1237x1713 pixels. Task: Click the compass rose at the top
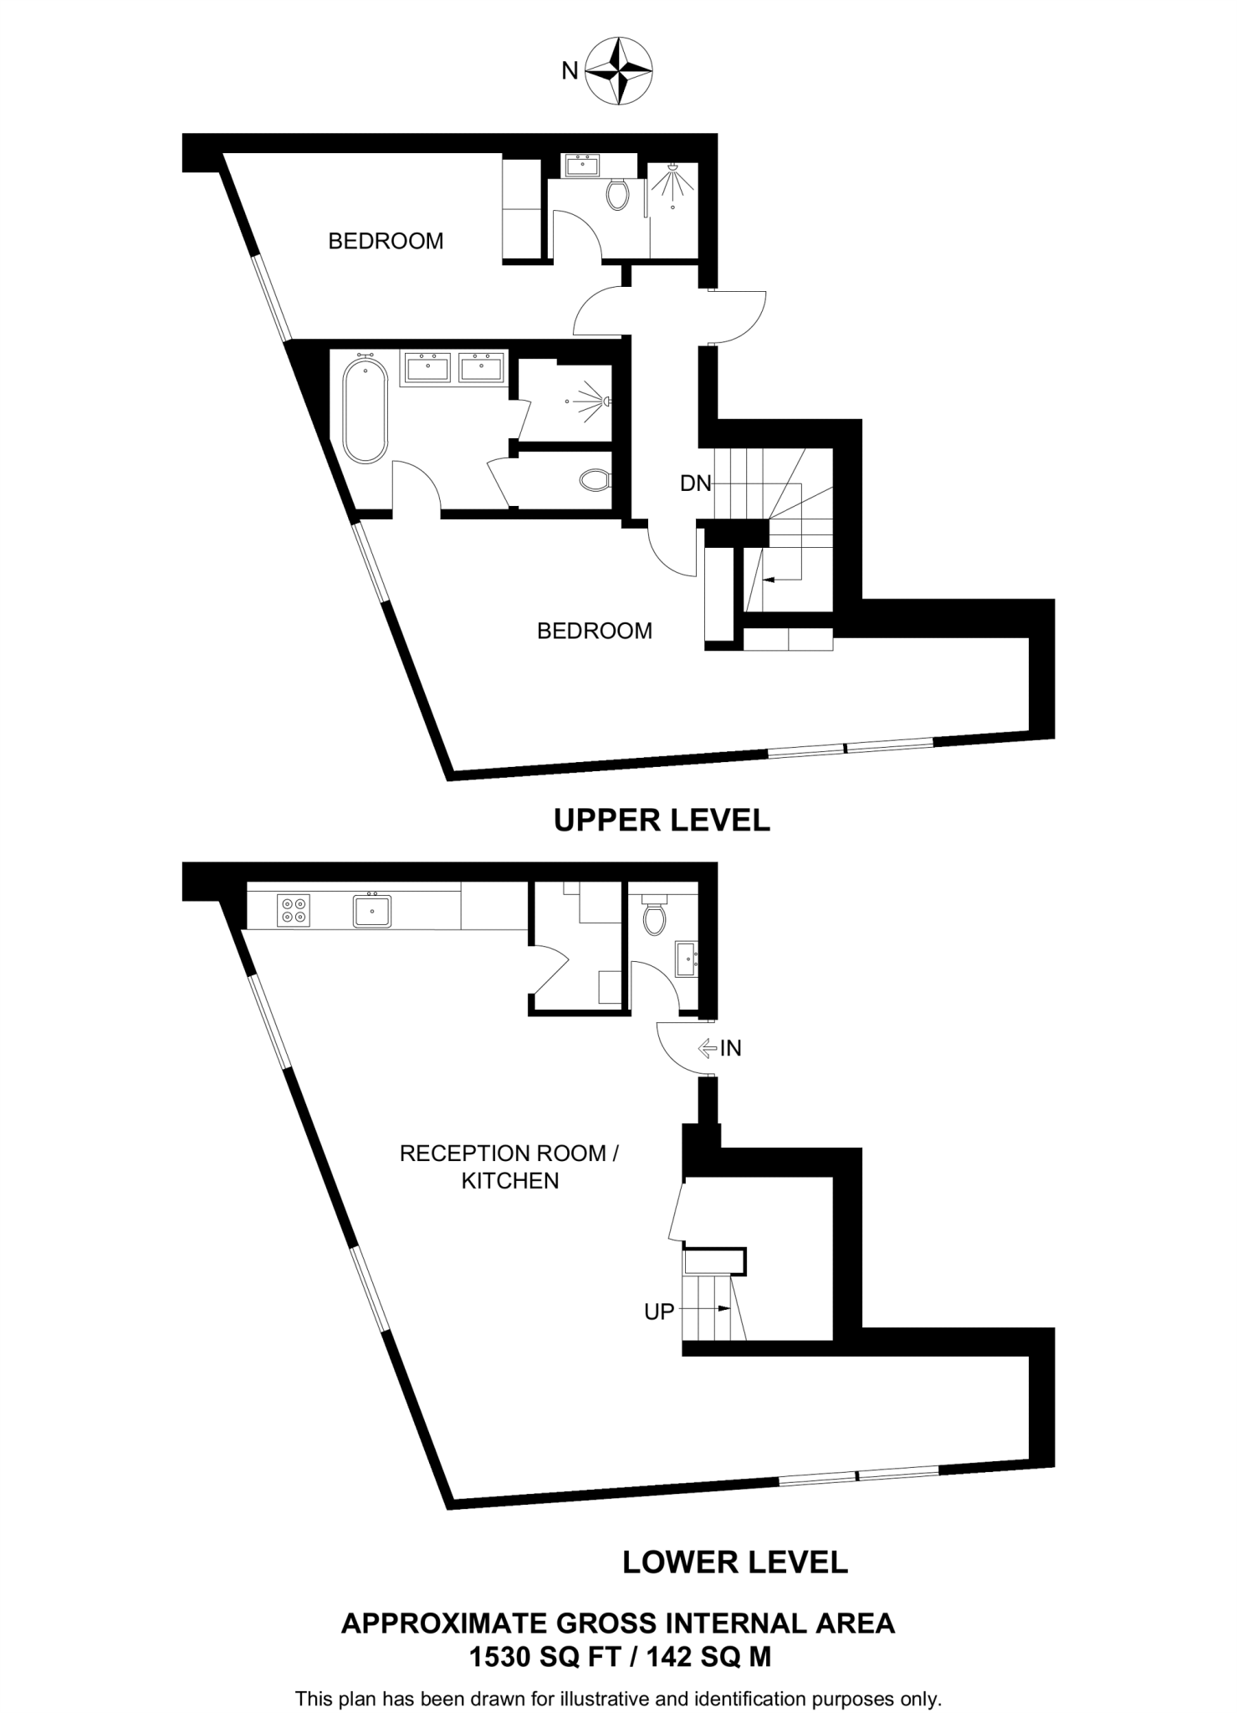[618, 70]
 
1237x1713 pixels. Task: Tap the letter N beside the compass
[570, 72]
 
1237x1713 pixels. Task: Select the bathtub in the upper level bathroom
[365, 411]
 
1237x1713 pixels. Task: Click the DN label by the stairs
[695, 483]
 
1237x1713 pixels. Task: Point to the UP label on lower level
[659, 1312]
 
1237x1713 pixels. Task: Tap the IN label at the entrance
[731, 1048]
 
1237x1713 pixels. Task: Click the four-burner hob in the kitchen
[294, 910]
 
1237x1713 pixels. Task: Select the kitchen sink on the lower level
[372, 909]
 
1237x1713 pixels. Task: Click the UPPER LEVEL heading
[662, 821]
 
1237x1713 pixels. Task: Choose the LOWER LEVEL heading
[735, 1562]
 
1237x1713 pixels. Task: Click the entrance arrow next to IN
[708, 1047]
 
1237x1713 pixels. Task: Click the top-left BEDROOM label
[386, 241]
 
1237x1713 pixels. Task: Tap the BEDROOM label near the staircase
[595, 631]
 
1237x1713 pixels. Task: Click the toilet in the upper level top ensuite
[619, 194]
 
